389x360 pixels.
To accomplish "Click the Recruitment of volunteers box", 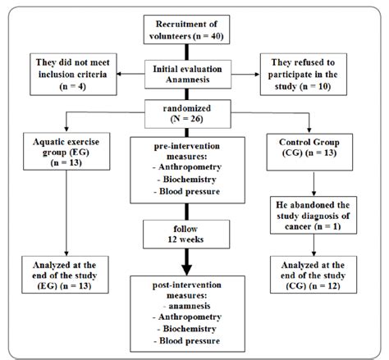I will pos(194,30).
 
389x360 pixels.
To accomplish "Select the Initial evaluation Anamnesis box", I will pos(194,72).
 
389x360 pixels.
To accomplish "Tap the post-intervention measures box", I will pos(194,312).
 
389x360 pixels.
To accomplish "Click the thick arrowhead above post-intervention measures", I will pos(194,266).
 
